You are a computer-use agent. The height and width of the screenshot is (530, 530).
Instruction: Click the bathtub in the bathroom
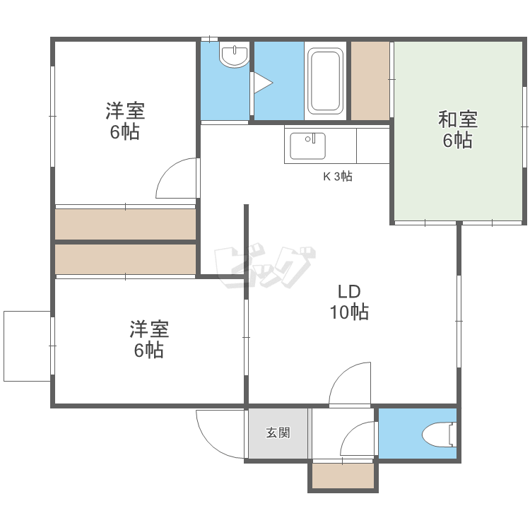point(325,81)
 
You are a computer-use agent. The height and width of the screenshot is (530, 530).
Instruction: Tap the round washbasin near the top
point(234,55)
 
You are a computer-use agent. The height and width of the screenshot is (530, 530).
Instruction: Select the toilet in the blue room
point(440,434)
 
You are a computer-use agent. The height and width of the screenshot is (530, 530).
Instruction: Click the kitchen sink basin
point(307,146)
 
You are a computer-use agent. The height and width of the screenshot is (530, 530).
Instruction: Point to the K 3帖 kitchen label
point(337,177)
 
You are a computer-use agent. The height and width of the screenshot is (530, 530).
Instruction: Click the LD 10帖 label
point(349,302)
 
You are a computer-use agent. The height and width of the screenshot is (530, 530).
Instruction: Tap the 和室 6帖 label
point(458,130)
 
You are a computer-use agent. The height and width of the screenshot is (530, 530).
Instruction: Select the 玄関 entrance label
point(278,433)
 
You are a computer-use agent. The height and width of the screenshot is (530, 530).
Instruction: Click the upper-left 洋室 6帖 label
point(125,121)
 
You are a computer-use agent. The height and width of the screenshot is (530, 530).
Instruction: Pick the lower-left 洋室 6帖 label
point(149,339)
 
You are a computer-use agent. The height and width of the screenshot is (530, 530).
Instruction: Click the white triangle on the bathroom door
point(263,83)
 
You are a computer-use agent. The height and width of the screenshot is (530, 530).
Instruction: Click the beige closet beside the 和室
point(370,81)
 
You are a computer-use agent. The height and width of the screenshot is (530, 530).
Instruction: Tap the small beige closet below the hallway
point(343,476)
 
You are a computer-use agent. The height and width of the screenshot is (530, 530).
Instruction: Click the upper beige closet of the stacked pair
point(125,224)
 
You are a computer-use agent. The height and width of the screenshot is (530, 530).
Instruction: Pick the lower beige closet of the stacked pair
point(125,259)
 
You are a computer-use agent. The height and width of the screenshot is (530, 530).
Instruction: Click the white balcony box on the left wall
point(27,346)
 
